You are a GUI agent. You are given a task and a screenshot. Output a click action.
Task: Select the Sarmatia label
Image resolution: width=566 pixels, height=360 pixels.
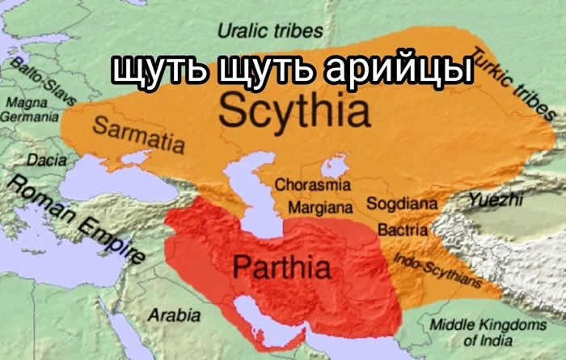(137, 134)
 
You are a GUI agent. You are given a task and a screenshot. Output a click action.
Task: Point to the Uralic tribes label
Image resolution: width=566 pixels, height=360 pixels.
(270, 32)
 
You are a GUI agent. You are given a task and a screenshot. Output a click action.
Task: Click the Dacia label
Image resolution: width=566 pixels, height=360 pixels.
(47, 160)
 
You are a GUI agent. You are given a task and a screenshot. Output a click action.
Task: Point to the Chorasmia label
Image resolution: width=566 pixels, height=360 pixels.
(313, 184)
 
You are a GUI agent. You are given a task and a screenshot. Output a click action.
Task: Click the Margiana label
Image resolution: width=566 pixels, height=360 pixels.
(321, 207)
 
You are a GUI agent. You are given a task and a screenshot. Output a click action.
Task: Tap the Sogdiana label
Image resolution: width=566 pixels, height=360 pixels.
(402, 203)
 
